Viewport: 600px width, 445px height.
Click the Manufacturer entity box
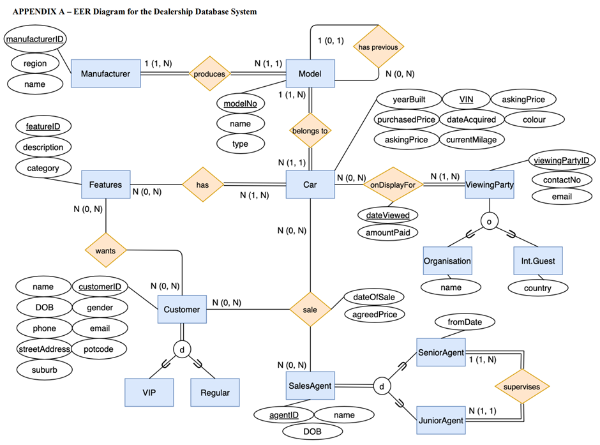[105, 73]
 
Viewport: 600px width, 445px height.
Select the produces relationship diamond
[209, 74]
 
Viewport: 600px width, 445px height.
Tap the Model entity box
[310, 73]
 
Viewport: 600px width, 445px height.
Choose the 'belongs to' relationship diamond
[310, 131]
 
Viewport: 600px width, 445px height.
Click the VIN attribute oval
[466, 99]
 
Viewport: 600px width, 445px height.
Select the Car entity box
[310, 185]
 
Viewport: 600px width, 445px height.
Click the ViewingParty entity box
[490, 185]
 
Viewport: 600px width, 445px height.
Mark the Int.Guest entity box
[537, 261]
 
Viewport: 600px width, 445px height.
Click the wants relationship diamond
[105, 251]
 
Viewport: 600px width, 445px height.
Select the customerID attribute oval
[99, 287]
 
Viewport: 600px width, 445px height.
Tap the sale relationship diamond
[310, 310]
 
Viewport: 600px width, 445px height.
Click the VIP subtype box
[149, 391]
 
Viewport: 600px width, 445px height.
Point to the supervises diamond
[521, 387]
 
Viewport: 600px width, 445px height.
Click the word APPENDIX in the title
[33, 12]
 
